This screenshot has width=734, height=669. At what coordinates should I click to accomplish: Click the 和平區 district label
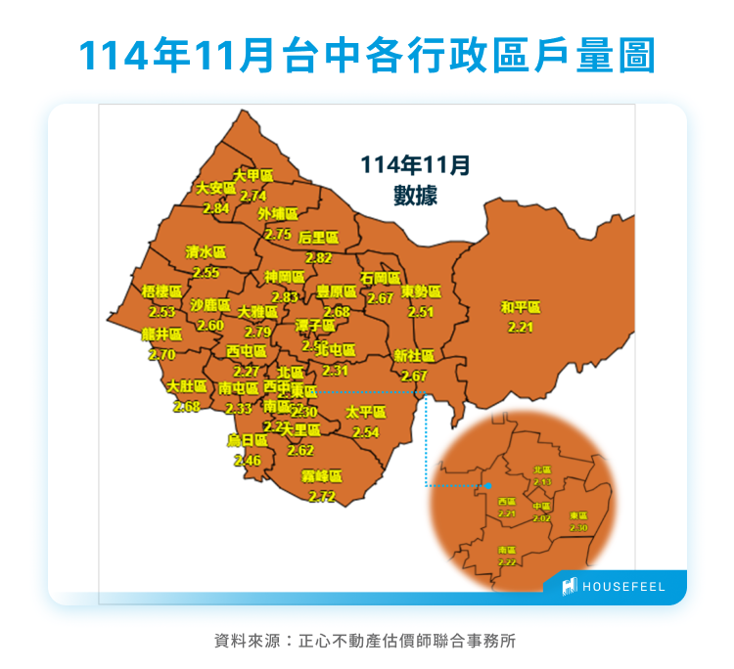click(x=520, y=307)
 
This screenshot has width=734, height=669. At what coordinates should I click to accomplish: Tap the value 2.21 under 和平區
click(x=520, y=327)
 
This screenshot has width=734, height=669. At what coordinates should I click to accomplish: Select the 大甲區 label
click(x=252, y=175)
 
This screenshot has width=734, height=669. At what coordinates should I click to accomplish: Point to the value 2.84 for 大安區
click(x=216, y=208)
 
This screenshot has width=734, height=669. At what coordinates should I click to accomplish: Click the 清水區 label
click(x=206, y=251)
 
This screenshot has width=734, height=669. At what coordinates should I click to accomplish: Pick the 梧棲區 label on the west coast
click(x=161, y=291)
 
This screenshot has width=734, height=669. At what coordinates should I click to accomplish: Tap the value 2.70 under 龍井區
click(x=161, y=354)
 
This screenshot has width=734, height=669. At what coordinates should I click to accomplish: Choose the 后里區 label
click(x=318, y=237)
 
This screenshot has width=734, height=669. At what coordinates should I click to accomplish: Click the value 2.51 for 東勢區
click(x=421, y=312)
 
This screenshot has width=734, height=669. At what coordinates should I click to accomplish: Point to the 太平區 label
click(x=366, y=412)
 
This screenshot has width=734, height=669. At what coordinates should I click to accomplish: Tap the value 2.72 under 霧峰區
click(x=322, y=496)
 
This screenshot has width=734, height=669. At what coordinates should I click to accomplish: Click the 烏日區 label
click(x=247, y=440)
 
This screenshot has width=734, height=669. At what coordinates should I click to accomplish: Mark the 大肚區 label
click(x=186, y=385)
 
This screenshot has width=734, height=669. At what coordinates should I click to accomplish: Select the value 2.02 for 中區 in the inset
click(x=542, y=518)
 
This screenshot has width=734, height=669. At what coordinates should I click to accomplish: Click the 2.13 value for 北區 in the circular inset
click(x=542, y=482)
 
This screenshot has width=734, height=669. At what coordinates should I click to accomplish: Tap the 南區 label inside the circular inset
click(x=507, y=551)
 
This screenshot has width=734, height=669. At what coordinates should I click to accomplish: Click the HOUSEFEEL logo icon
click(x=570, y=587)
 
